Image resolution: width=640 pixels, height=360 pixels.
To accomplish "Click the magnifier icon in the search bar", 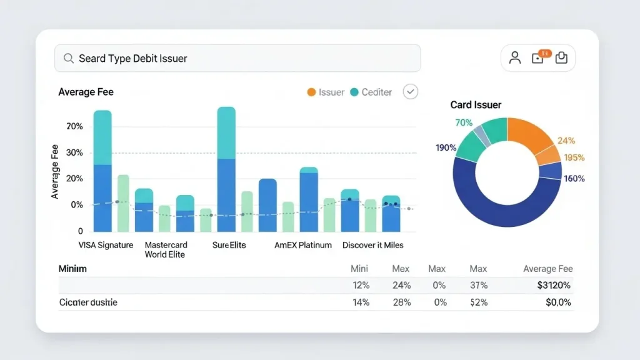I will click(69, 59).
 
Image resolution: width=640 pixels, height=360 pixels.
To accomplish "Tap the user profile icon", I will click(515, 58).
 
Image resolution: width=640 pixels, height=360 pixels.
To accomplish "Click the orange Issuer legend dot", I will click(311, 92).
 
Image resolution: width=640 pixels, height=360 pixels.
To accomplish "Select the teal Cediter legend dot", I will click(354, 92).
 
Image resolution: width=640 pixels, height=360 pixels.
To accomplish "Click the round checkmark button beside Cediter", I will click(410, 92).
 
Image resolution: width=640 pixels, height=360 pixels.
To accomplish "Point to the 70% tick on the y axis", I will click(74, 127).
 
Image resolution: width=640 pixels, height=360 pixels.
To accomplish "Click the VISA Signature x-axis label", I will click(106, 245).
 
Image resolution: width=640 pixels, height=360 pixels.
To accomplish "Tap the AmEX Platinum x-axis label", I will click(303, 245).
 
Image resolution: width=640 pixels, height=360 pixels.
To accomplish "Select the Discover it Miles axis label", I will click(372, 245).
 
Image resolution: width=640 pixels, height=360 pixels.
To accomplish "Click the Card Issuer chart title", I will click(476, 105).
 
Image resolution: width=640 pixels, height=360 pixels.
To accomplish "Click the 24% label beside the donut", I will click(566, 141).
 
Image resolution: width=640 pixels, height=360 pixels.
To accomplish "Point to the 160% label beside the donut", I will click(574, 179).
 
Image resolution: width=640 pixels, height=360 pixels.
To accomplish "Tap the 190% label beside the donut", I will click(446, 148).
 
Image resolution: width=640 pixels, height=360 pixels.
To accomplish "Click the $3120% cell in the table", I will click(554, 286).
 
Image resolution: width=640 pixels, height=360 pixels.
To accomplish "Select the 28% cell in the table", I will click(401, 302).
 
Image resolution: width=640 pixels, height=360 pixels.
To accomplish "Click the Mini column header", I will click(359, 269).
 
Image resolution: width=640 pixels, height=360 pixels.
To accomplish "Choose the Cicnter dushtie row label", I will click(88, 302).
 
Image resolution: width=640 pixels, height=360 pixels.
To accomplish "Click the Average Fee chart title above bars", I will click(86, 92).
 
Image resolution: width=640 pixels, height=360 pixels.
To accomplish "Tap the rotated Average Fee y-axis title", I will click(55, 172).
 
